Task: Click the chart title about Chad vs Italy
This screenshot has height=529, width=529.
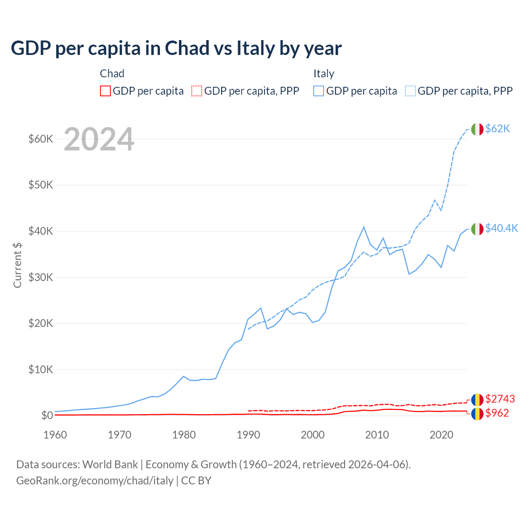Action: (x=176, y=48)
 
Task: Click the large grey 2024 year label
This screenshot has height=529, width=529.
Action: (x=99, y=140)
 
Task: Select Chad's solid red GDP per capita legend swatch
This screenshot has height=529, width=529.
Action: (x=105, y=91)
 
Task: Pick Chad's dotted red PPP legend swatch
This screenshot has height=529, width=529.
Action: (x=197, y=91)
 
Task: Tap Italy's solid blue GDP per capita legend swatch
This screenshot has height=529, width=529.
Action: (x=319, y=91)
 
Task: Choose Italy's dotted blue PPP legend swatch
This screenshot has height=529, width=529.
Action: (x=410, y=91)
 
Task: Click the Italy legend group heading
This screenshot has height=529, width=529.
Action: (x=324, y=74)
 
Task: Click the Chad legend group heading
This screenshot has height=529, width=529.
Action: (x=112, y=74)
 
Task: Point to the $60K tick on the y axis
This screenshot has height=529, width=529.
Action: (x=41, y=139)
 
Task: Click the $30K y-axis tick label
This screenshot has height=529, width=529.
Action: (x=41, y=277)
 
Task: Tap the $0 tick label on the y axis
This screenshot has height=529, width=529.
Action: (x=47, y=415)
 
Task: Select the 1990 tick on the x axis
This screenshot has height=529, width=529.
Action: (x=248, y=435)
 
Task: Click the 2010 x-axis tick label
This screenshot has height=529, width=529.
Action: (x=377, y=435)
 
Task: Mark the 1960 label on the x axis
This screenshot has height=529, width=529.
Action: (x=55, y=435)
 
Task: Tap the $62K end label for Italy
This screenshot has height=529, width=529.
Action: (x=498, y=129)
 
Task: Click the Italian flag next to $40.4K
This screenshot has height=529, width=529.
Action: (x=477, y=229)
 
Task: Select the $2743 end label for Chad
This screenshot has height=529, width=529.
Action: (x=500, y=399)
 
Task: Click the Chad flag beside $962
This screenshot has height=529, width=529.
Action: (x=477, y=413)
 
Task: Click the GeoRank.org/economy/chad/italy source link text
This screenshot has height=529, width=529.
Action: (x=95, y=481)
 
